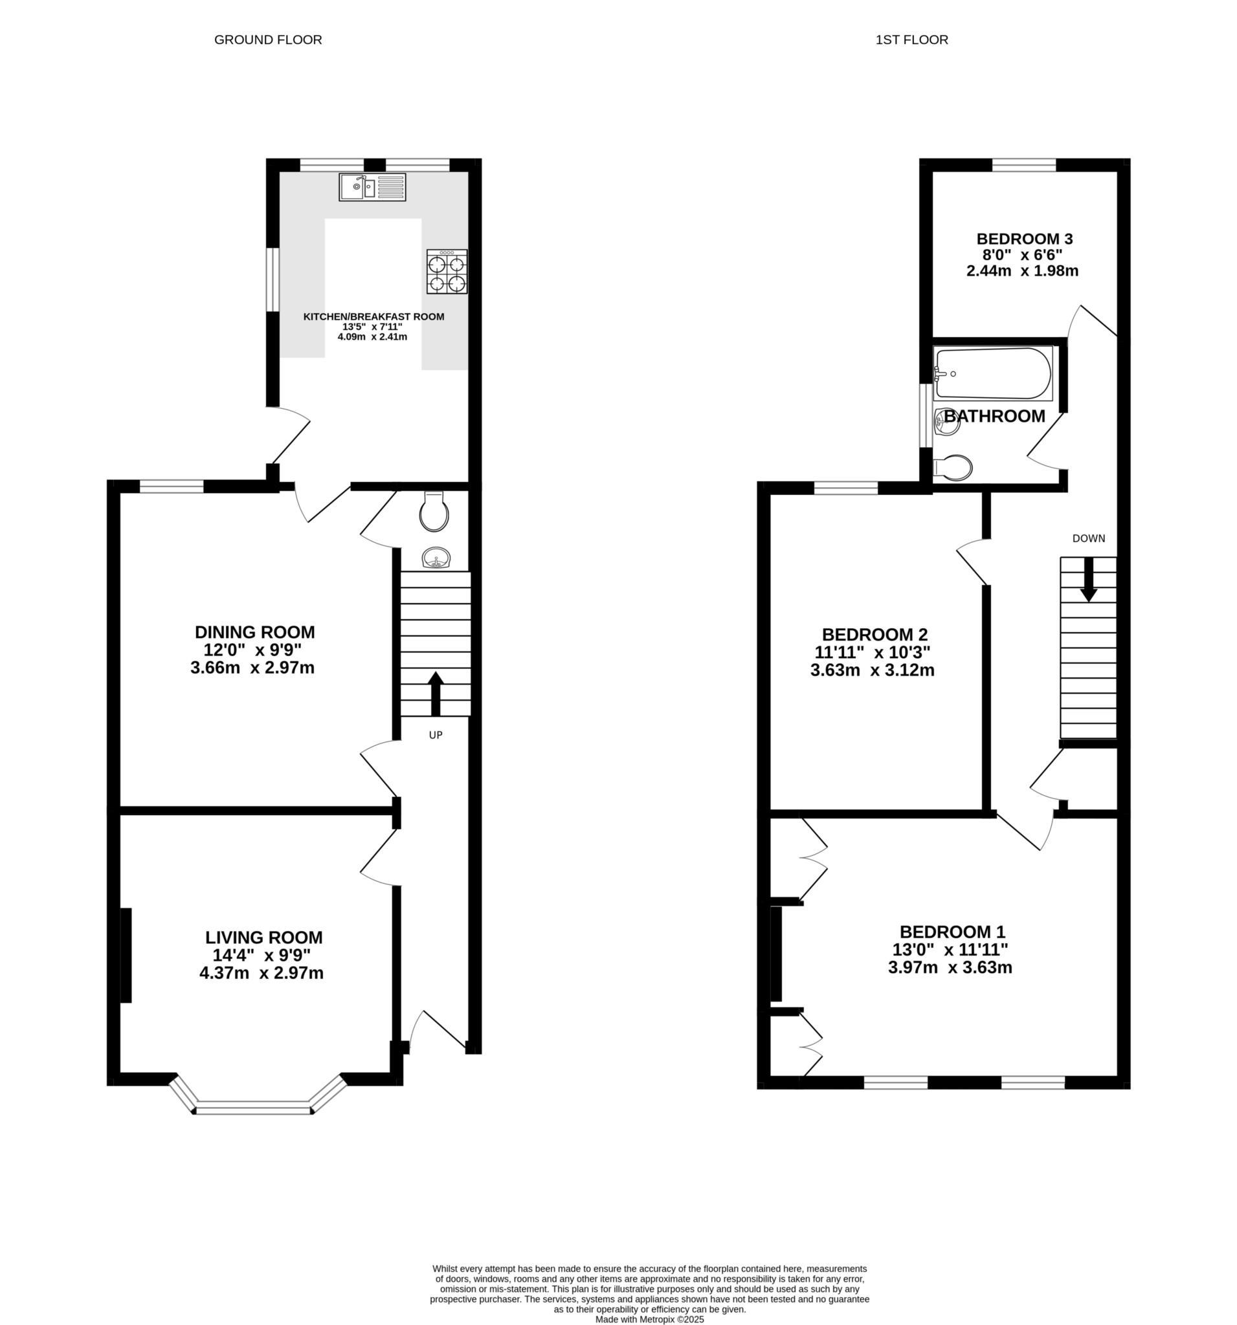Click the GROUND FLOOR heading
point(268,40)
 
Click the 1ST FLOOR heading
point(911,40)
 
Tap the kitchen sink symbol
point(372,186)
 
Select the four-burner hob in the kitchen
point(447,271)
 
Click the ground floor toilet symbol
point(434,511)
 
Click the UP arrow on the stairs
point(436,694)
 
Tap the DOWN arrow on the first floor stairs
point(1088,578)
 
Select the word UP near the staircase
point(436,735)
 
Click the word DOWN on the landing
point(1088,538)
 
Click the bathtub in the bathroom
point(993,373)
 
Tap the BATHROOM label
point(994,416)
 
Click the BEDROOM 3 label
point(1024,239)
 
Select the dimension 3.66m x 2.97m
point(252,668)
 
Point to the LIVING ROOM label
point(264,937)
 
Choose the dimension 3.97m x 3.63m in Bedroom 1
point(950,967)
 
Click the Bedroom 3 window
point(1023,164)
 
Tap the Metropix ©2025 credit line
point(649,1319)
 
